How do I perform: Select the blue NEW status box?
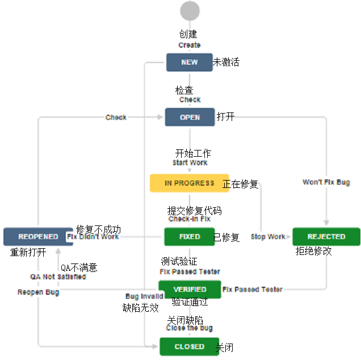189,62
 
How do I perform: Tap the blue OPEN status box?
190,117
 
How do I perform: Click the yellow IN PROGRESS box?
189,183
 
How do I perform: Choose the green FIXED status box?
190,236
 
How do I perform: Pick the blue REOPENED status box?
38,236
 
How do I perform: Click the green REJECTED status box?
326,236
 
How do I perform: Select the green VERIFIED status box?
190,290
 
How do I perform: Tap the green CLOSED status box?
189,346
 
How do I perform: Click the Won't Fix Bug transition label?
326,182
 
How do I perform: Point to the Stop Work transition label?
268,237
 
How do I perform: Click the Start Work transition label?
190,163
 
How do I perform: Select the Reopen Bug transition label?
38,292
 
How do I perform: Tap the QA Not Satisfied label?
58,277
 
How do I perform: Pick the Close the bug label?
190,328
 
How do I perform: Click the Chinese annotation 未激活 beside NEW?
226,62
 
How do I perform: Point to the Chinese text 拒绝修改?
313,251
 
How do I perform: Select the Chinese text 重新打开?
28,252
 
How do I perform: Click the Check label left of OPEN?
116,118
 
